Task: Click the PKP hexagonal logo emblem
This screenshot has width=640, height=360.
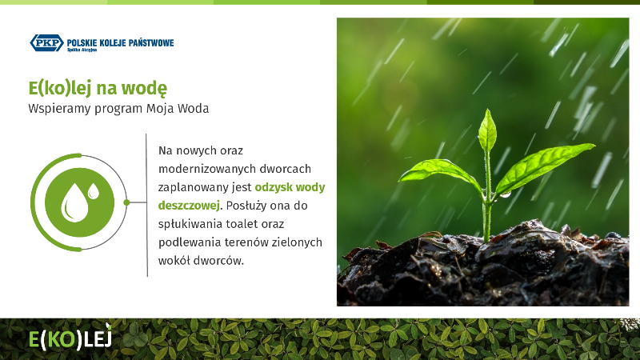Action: tap(47, 43)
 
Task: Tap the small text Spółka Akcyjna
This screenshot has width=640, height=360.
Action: tap(82, 50)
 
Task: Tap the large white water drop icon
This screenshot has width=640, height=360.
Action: tap(74, 202)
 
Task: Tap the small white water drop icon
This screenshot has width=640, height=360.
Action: tap(94, 190)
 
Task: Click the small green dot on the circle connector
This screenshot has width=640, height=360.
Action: tap(126, 202)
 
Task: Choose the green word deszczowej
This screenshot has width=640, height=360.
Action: tap(189, 206)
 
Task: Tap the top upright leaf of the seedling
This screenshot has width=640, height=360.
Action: tap(487, 130)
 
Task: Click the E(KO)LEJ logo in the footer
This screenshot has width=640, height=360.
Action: tap(70, 338)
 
